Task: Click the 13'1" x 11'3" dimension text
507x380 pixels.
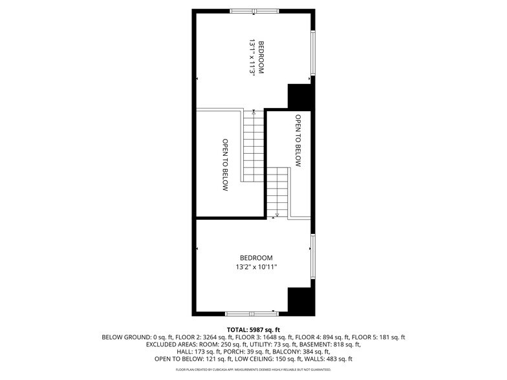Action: pos(251,58)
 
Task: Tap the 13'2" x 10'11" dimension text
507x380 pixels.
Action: pos(256,267)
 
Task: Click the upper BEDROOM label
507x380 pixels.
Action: pos(261,58)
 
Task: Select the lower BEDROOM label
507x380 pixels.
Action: pos(252,258)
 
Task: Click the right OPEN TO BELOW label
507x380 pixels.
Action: pos(298,141)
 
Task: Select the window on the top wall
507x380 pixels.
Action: pos(255,11)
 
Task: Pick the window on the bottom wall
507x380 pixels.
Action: pos(252,314)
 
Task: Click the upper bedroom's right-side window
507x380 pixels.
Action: pos(313,53)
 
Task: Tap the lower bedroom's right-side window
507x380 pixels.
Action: pos(312,257)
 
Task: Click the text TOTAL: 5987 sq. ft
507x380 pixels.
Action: pos(253,330)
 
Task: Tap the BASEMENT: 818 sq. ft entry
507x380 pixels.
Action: pos(336,344)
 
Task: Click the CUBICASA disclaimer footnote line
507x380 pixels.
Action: pos(253,370)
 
